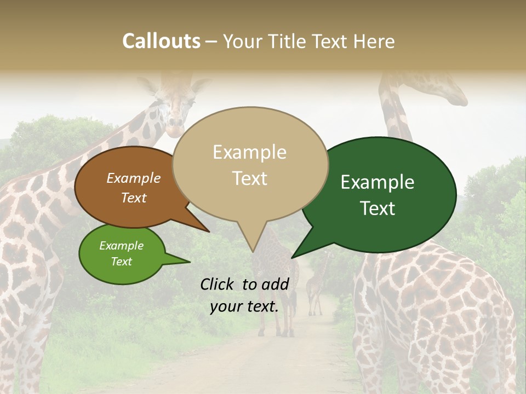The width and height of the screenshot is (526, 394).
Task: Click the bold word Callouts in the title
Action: tap(161, 41)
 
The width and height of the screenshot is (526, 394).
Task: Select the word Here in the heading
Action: tap(374, 41)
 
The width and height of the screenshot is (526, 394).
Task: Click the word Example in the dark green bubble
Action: tap(378, 182)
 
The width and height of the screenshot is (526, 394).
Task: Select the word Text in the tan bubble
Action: tap(250, 178)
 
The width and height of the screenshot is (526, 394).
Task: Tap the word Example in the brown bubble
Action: tap(134, 178)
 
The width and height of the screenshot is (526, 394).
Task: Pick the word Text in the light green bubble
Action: tap(122, 262)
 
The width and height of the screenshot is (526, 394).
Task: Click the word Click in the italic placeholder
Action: tap(218, 284)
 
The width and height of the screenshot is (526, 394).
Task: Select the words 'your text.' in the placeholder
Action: tap(244, 306)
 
